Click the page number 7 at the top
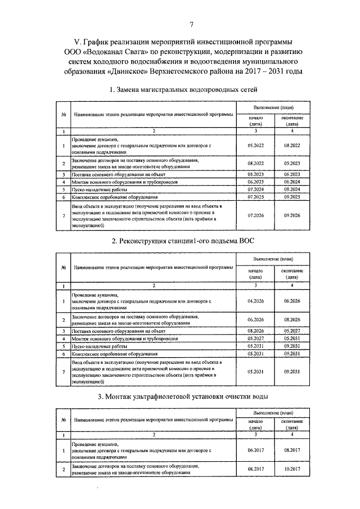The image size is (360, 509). coord(191,24)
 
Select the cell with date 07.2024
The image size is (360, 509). coord(255,190)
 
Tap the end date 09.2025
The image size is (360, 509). coord(292,197)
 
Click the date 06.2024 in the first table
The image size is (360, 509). coord(292,182)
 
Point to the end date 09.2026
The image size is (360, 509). coord(292,215)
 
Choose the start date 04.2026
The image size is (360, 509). coord(255,301)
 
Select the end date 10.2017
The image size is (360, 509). coord(292,469)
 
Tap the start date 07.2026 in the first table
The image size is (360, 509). coord(255,215)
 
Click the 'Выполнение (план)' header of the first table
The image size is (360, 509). coord(273,107)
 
